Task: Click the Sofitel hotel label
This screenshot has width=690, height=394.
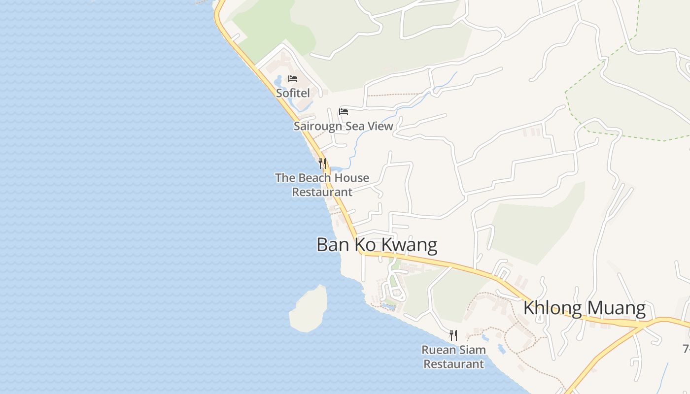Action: pyautogui.click(x=293, y=93)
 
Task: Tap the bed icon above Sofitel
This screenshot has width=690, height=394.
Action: pyautogui.click(x=293, y=79)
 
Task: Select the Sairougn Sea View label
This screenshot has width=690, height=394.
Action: pyautogui.click(x=344, y=126)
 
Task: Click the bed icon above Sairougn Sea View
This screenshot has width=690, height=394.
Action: pyautogui.click(x=344, y=112)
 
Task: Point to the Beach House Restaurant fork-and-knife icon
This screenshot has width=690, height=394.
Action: pyautogui.click(x=322, y=163)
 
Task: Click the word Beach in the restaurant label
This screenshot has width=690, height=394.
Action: pyautogui.click(x=311, y=178)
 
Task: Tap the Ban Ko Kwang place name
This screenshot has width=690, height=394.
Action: pyautogui.click(x=377, y=245)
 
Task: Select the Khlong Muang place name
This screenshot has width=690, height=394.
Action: pyautogui.click(x=584, y=308)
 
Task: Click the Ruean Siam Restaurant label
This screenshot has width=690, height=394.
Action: pyautogui.click(x=453, y=357)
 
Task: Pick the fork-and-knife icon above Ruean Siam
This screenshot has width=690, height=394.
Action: pyautogui.click(x=453, y=335)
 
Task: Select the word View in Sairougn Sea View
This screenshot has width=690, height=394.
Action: pyautogui.click(x=380, y=126)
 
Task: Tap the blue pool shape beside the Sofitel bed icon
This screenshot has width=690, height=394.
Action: pyautogui.click(x=278, y=79)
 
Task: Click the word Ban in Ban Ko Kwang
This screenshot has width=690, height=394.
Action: pyautogui.click(x=331, y=245)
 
